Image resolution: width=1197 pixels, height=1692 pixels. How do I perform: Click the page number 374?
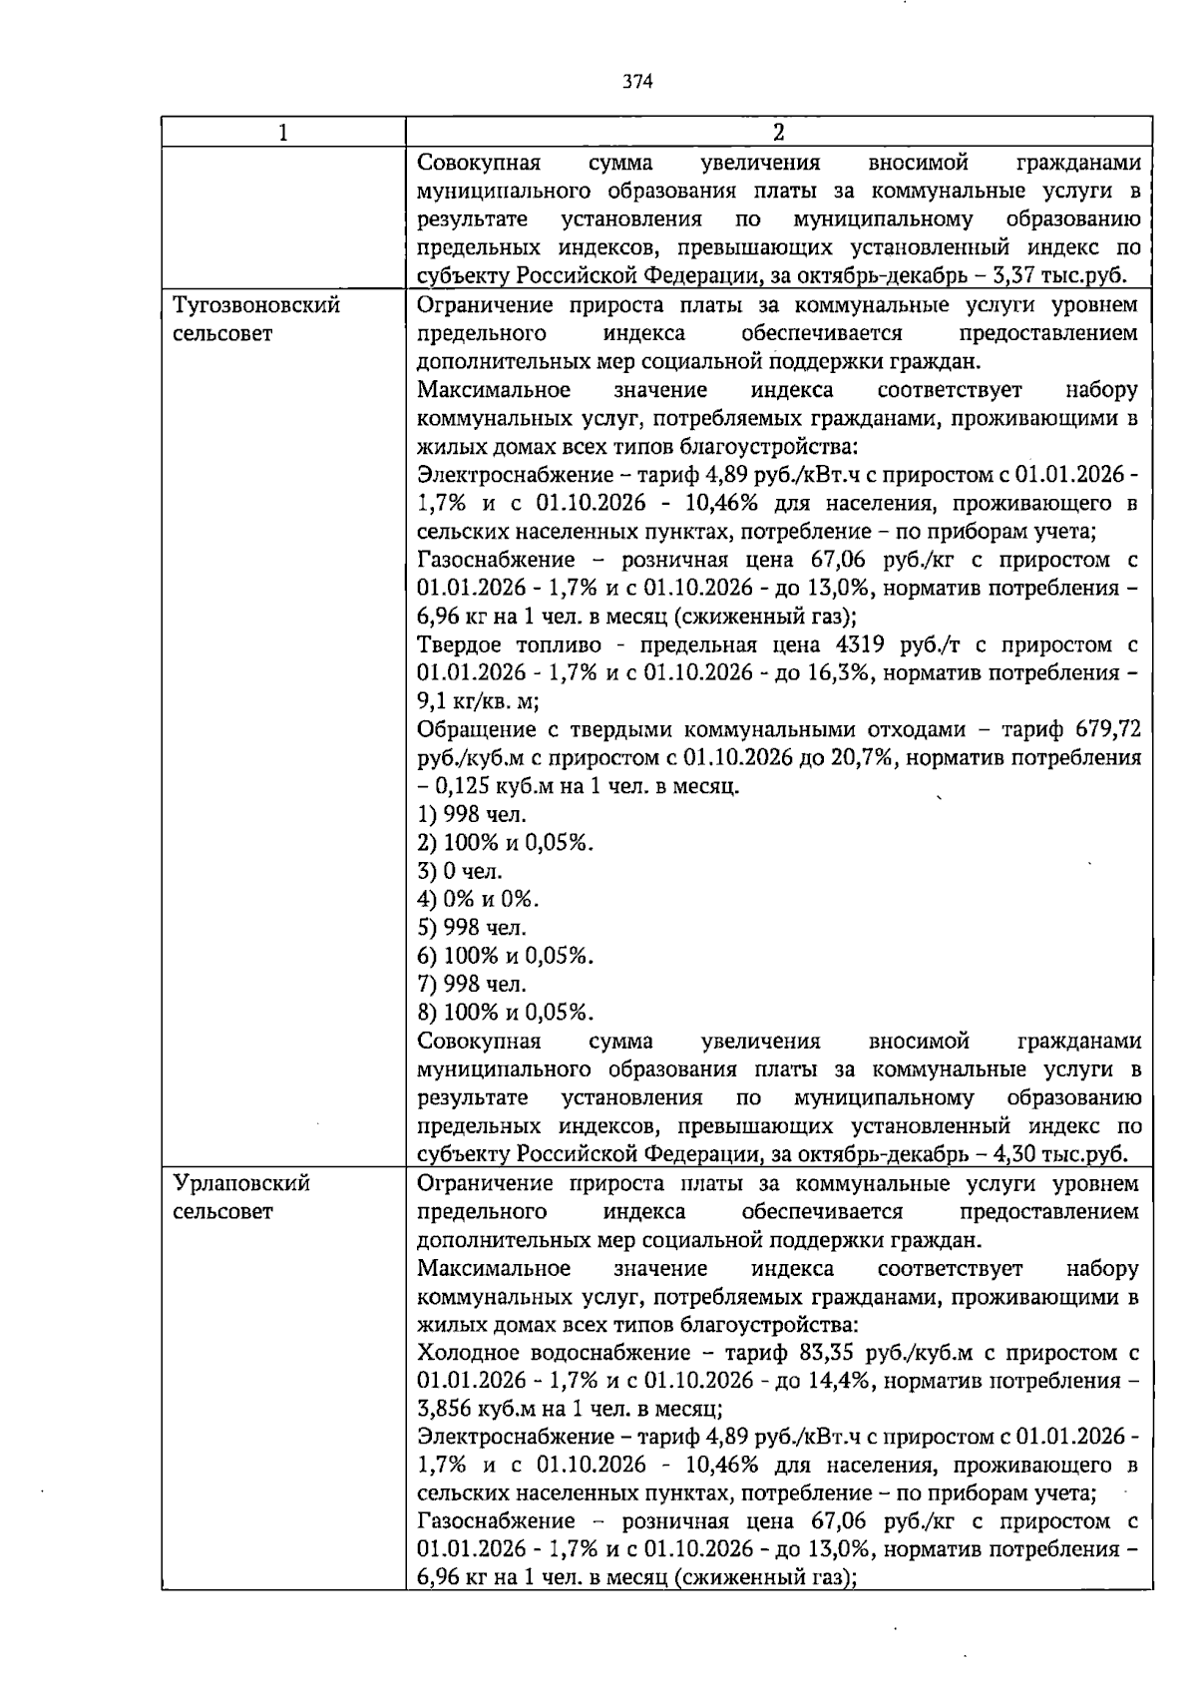click(x=637, y=82)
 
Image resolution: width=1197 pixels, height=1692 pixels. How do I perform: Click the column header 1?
click(x=283, y=133)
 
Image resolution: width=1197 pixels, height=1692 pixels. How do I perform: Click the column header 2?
click(x=778, y=133)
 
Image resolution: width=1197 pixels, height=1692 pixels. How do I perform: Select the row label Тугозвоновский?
click(x=256, y=305)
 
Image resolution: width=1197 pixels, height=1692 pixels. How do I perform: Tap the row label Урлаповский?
click(x=241, y=1184)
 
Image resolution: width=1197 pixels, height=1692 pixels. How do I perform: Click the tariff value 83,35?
click(x=827, y=1353)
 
